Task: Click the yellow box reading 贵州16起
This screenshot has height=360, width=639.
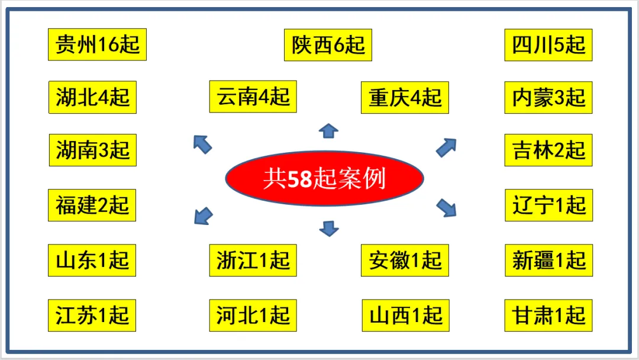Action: click(x=97, y=44)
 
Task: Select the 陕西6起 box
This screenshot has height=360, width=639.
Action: click(x=328, y=45)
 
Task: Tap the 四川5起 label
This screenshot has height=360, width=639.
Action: click(x=548, y=45)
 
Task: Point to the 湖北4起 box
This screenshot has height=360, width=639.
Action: click(x=92, y=97)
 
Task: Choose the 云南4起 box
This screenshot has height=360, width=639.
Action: click(x=253, y=97)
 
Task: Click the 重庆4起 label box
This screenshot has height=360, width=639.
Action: click(x=405, y=97)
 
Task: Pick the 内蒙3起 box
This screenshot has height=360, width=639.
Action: click(x=548, y=97)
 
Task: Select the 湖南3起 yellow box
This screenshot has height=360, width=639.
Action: click(x=92, y=150)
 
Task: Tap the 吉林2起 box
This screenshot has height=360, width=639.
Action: click(x=548, y=150)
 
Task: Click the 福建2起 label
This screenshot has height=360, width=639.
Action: click(x=92, y=205)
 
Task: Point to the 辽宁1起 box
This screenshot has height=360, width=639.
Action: click(x=548, y=205)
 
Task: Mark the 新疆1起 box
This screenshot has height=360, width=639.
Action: click(x=548, y=260)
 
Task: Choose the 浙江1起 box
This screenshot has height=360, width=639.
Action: click(x=253, y=260)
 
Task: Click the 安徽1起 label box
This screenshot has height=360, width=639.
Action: click(x=405, y=260)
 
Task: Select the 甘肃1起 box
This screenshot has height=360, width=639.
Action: click(x=548, y=315)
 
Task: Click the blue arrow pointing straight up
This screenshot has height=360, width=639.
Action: click(x=328, y=131)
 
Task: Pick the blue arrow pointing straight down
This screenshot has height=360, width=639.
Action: click(x=328, y=227)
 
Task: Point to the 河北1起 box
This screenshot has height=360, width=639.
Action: click(x=253, y=315)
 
